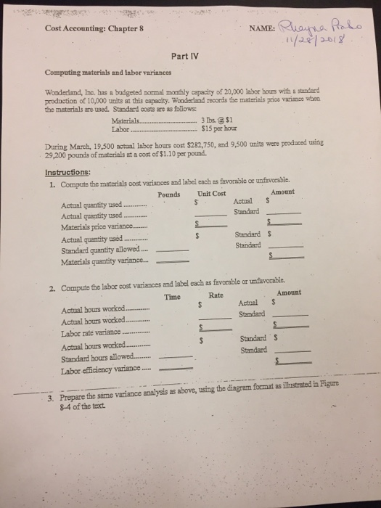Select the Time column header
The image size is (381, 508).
click(173, 298)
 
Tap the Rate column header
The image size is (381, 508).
click(216, 295)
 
